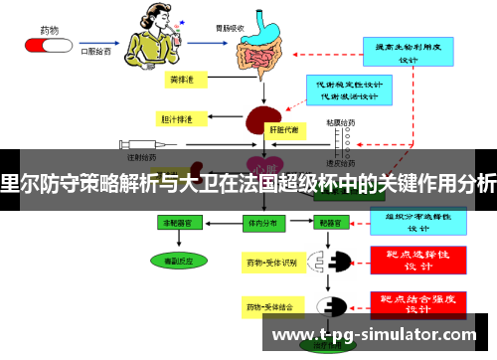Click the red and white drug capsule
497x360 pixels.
tap(42, 45)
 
